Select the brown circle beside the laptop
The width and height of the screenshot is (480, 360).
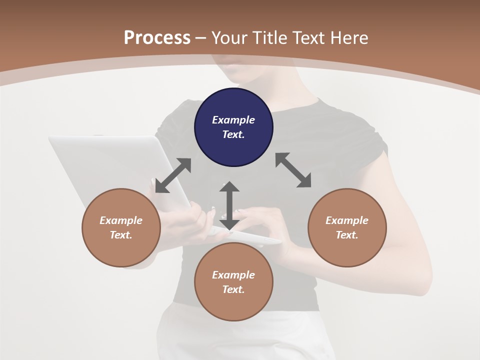[121, 227]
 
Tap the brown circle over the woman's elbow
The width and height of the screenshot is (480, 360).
[347, 227]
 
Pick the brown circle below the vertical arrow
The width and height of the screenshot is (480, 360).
[233, 282]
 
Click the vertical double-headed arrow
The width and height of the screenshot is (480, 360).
[229, 205]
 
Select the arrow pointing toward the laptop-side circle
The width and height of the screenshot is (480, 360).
[173, 175]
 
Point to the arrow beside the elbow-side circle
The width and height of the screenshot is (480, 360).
[293, 170]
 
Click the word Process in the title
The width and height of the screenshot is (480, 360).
[157, 37]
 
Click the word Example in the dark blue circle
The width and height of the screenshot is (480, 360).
[233, 120]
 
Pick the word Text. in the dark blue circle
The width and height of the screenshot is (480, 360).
[233, 134]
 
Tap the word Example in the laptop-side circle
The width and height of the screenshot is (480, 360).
[121, 220]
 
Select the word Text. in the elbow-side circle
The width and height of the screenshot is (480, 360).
[347, 235]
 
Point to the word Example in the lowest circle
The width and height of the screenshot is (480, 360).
[233, 275]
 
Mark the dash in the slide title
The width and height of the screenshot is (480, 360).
[201, 37]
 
